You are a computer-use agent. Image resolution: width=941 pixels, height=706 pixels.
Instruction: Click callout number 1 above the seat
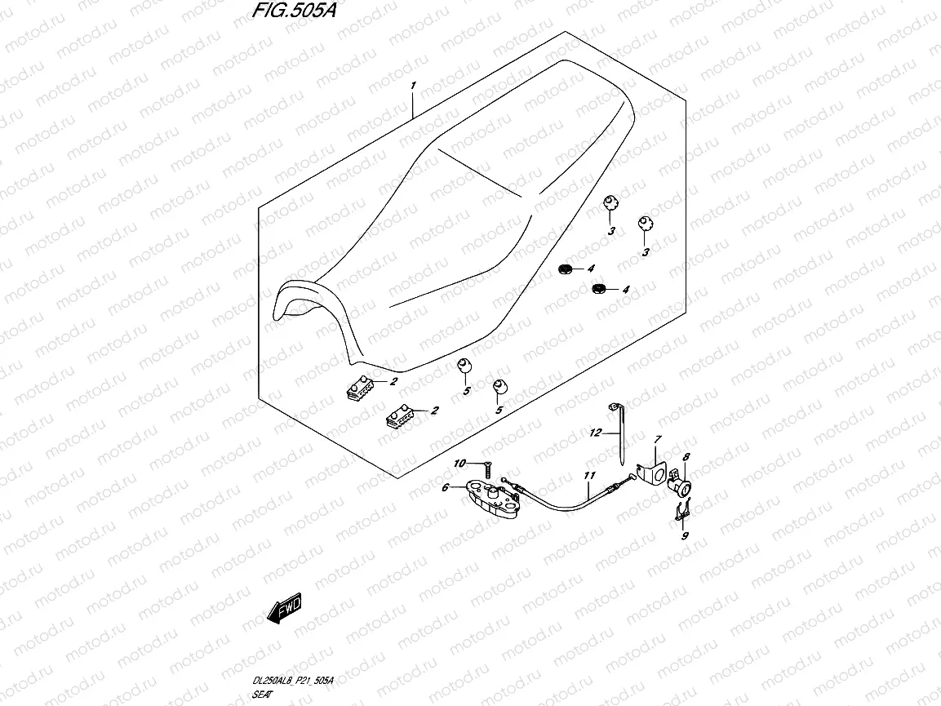[x=414, y=86]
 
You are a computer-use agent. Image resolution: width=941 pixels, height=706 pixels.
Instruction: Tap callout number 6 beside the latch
[x=445, y=488]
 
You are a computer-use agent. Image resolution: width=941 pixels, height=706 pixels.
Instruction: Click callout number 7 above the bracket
[x=655, y=440]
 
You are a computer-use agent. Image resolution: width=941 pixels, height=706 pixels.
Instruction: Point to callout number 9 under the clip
[x=685, y=535]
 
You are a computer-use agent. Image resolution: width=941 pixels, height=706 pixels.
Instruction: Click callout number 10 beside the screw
[x=459, y=464]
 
